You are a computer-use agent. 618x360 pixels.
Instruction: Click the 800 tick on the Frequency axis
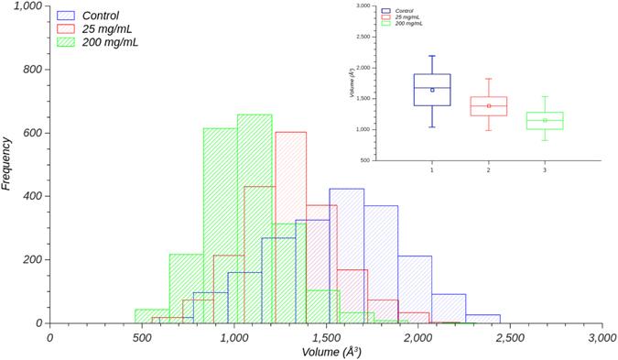(x=33, y=70)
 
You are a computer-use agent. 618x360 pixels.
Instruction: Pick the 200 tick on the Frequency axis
(x=33, y=260)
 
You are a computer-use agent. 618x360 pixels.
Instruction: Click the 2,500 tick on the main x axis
(x=510, y=337)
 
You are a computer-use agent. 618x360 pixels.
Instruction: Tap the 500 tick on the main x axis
(x=141, y=337)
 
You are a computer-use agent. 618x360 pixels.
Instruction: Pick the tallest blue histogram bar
(x=346, y=256)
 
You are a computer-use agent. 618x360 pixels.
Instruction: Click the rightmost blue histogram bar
(x=482, y=319)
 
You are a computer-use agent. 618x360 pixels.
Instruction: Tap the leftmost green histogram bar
(x=152, y=316)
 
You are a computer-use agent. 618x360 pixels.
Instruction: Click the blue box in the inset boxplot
(x=432, y=90)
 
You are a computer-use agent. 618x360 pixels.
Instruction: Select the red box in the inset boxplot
(x=488, y=106)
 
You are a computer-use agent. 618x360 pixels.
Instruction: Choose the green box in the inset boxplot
(x=545, y=121)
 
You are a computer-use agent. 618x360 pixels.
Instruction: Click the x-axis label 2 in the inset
(x=488, y=170)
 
